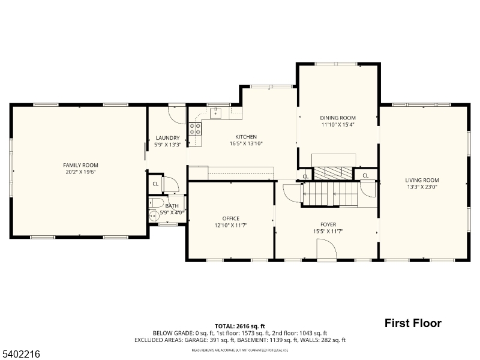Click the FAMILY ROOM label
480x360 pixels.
pos(80,165)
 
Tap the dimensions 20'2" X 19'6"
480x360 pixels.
pos(80,172)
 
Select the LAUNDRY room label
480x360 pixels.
pos(167,137)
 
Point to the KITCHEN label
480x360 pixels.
pos(246,137)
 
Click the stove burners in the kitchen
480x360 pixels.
pos(195,128)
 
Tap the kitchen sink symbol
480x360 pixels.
pos(216,112)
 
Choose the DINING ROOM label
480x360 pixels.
pos(338,118)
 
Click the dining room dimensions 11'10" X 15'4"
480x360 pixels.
pos(338,125)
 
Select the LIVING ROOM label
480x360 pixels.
pos(422,180)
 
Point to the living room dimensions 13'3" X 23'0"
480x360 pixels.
pos(422,187)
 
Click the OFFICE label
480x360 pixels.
pos(230,218)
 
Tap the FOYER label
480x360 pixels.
pos(328,224)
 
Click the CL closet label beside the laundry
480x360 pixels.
pos(155,184)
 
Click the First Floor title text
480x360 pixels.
pos(413,323)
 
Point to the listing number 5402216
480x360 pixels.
pos(21,355)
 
